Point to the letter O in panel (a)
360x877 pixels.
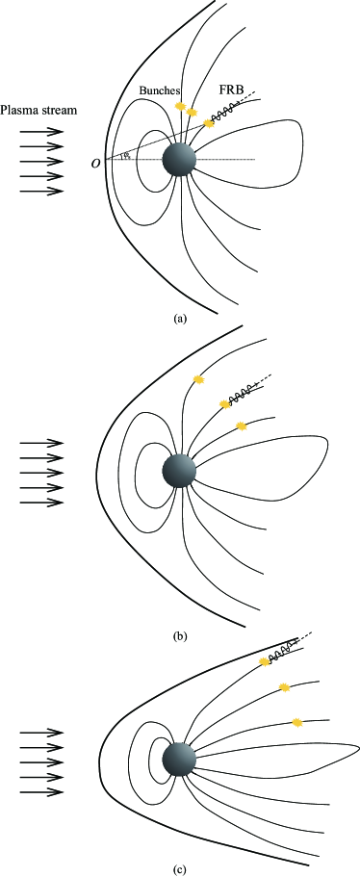[x=95, y=163]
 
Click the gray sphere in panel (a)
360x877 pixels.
[x=178, y=159]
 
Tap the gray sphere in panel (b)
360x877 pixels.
[x=179, y=471]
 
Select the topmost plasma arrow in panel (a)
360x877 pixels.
[x=40, y=131]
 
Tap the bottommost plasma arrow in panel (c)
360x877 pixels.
[x=40, y=792]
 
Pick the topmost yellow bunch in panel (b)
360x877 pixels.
[x=199, y=379]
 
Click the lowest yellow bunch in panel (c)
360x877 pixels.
[x=297, y=721]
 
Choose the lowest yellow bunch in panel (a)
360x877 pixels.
[x=209, y=123]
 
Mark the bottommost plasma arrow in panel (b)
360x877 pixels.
[x=40, y=503]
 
